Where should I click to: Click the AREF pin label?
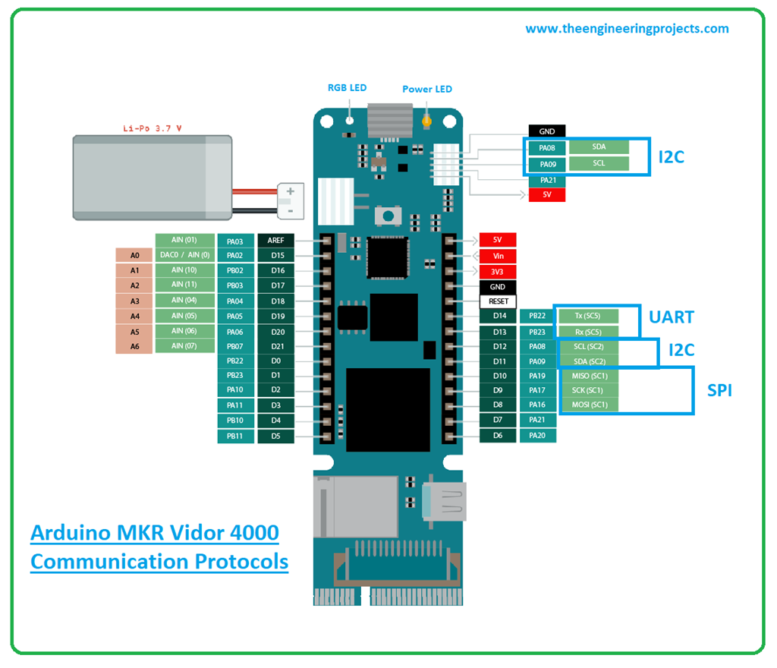(275, 241)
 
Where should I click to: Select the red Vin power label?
(498, 256)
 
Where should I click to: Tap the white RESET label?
(498, 301)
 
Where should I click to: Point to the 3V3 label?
(498, 271)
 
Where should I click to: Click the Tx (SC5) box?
(589, 316)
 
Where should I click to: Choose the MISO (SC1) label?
(589, 376)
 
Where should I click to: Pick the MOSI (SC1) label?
(589, 405)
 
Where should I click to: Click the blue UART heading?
(672, 317)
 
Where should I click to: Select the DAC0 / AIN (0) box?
(184, 255)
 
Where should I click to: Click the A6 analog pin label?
(134, 346)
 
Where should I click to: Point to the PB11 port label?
(234, 436)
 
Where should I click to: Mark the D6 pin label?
(498, 436)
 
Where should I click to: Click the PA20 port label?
(537, 436)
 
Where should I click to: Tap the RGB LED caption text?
(347, 88)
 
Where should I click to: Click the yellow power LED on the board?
(427, 120)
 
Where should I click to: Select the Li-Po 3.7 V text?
(153, 128)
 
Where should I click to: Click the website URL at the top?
(627, 29)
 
